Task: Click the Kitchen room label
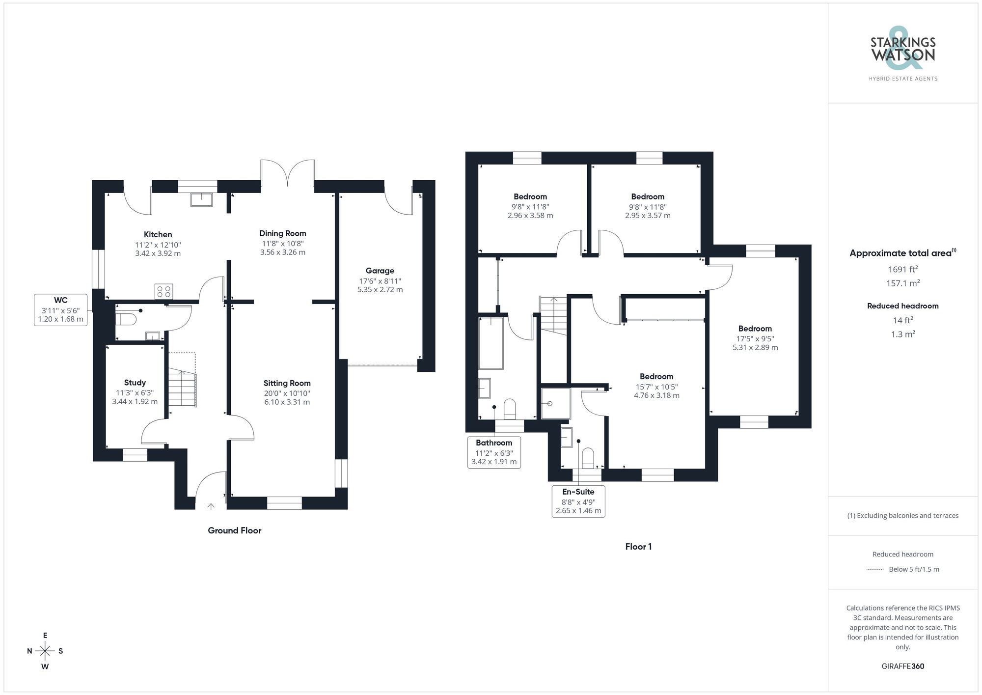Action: [x=158, y=235]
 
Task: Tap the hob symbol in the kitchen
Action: [x=164, y=291]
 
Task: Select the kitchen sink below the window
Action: [x=201, y=200]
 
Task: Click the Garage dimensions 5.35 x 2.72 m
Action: [x=380, y=290]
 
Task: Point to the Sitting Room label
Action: [x=287, y=383]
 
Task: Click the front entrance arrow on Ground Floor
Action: [x=211, y=506]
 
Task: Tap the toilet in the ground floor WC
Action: [x=126, y=319]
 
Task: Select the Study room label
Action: [x=135, y=383]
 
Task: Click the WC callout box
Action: [x=60, y=310]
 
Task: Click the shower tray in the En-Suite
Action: [x=556, y=404]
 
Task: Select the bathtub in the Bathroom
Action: [x=491, y=343]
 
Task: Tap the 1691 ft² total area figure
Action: [x=902, y=269]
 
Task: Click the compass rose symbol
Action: [x=45, y=651]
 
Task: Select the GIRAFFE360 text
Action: [x=902, y=666]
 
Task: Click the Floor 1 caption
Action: [x=638, y=547]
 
